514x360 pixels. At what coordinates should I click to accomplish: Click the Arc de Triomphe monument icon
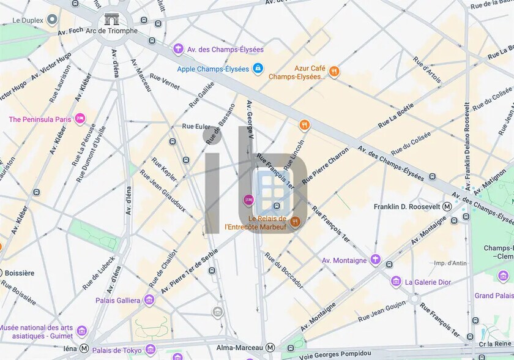tap(111, 20)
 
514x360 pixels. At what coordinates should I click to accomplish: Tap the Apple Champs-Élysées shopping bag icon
tap(258, 69)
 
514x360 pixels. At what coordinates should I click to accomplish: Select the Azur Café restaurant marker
tap(334, 72)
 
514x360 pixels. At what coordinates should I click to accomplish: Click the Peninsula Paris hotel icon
tap(80, 119)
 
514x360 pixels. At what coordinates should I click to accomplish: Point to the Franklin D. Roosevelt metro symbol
tap(447, 206)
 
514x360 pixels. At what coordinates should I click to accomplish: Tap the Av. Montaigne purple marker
tap(375, 260)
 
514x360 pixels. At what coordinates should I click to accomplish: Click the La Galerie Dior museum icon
tap(396, 282)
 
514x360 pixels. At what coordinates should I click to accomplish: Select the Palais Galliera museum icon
tap(149, 300)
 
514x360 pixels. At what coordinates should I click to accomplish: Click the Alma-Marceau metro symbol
tap(270, 347)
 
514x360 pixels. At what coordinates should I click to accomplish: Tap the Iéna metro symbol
tap(84, 348)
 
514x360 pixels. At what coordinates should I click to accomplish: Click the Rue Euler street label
tap(196, 126)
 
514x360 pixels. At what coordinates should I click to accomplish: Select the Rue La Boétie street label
tap(395, 114)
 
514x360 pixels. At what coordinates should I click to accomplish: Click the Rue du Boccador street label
tap(284, 271)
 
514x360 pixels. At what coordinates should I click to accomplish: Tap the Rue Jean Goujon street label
tap(381, 311)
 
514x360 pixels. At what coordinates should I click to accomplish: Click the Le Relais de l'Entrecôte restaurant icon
tap(296, 222)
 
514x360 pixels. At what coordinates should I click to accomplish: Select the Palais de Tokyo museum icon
tap(150, 350)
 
